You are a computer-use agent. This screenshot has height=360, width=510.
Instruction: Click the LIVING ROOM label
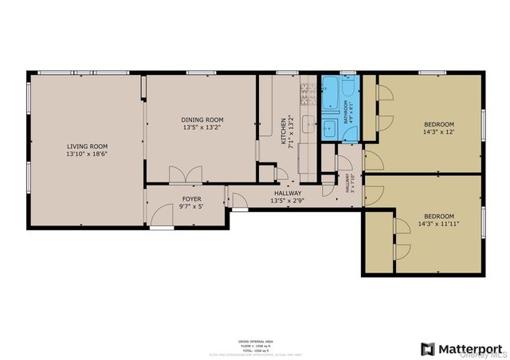[x=87, y=146]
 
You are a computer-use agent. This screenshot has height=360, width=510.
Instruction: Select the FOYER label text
[x=191, y=198]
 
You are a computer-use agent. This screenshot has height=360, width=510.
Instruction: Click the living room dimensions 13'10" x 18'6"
[x=87, y=154]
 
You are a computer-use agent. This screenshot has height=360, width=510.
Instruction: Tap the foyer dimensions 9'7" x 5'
[x=191, y=206]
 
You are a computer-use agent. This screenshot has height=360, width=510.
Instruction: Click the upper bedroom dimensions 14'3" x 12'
[x=438, y=132]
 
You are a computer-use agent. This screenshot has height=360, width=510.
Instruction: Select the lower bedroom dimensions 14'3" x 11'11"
[x=438, y=224]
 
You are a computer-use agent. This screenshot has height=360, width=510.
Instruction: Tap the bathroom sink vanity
[x=330, y=127]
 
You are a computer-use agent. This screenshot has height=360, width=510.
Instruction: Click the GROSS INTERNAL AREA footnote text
[x=255, y=340]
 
